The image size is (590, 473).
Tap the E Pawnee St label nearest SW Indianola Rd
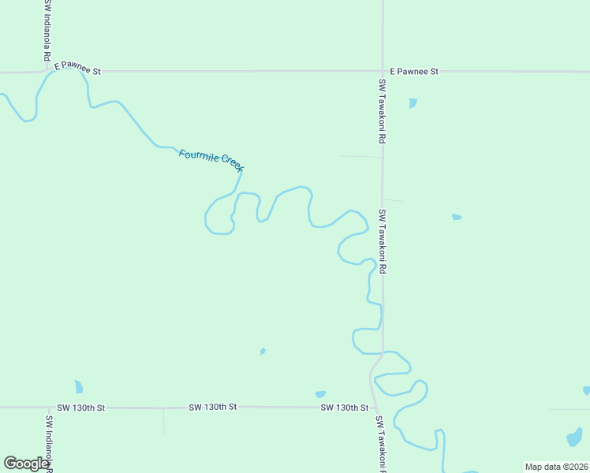78,71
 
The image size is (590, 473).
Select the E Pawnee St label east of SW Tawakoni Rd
414,71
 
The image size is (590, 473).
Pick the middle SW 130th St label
213,407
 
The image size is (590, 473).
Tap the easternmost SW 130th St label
345,408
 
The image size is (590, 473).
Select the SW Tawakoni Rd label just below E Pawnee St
382,110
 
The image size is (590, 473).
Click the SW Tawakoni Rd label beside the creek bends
383,241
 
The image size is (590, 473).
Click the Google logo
26,464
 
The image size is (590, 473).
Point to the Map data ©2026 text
556,467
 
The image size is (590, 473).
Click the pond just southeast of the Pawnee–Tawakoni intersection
413,102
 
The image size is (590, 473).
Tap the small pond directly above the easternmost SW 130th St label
320,394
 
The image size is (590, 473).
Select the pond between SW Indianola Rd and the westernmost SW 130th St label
78,386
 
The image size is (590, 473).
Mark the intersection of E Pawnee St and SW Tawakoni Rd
383,71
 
